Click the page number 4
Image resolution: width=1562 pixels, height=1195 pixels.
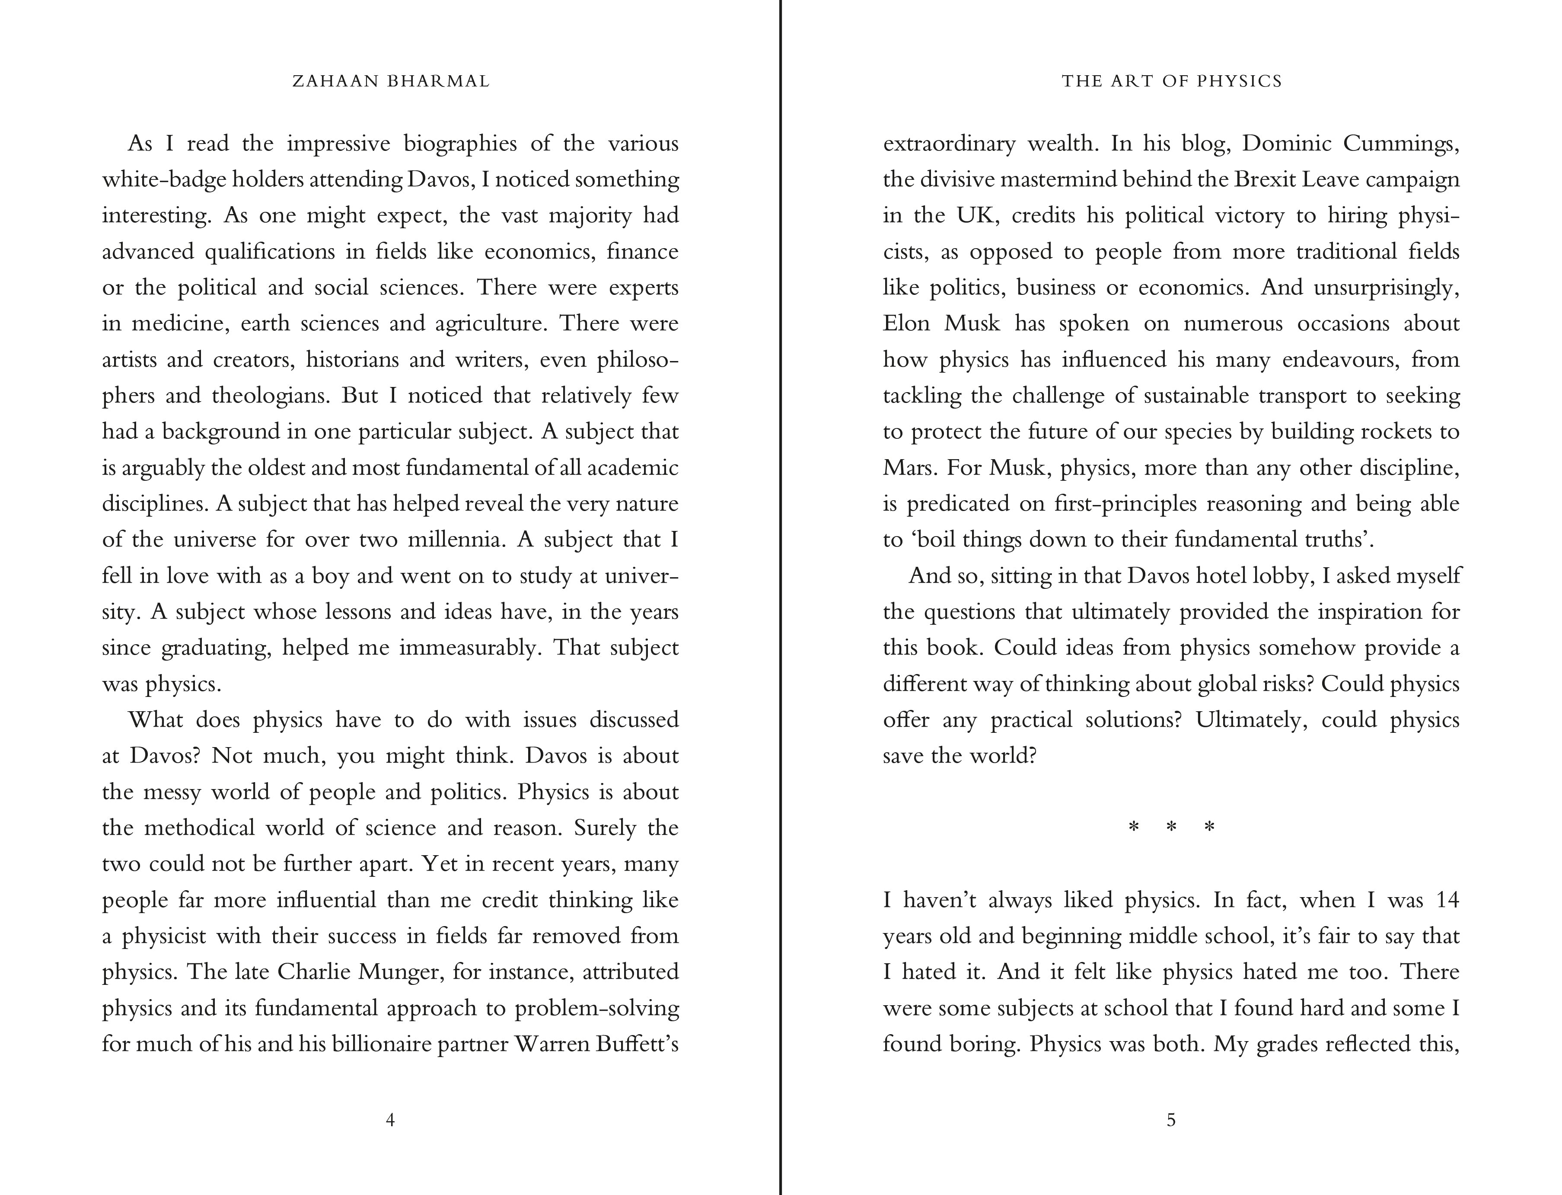coord(389,1120)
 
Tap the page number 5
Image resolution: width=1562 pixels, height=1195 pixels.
coord(1171,1120)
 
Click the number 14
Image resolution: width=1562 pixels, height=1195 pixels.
coord(1447,900)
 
